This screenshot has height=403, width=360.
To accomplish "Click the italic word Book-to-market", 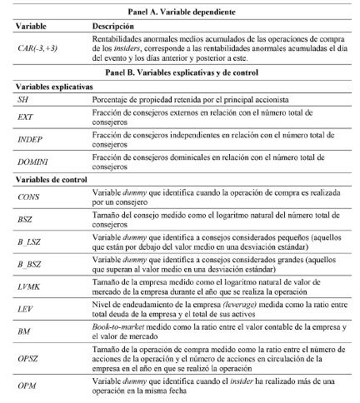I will tap(118, 327).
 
